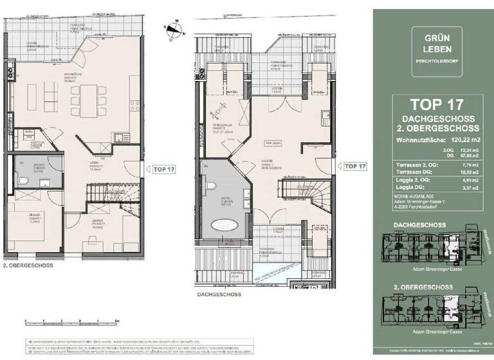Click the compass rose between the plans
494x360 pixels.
point(174,28)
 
